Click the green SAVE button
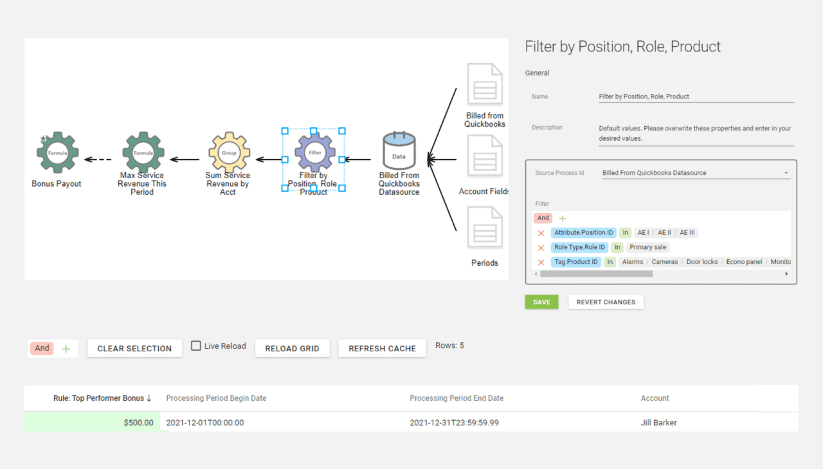point(541,302)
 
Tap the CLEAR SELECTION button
point(134,348)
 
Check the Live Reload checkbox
point(196,346)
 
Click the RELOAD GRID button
point(292,348)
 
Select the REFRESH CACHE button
point(382,348)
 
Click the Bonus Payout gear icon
point(57,153)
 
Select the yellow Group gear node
point(229,153)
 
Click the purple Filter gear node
point(314,153)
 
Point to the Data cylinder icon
point(399,152)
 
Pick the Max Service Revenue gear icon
point(143,153)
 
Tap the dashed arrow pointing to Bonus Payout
point(98,160)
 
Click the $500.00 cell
point(93,423)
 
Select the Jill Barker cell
point(658,423)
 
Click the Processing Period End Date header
point(457,398)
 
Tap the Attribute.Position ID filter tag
point(583,232)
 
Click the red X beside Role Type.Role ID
point(541,247)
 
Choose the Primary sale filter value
point(648,247)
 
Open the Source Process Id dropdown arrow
point(786,173)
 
